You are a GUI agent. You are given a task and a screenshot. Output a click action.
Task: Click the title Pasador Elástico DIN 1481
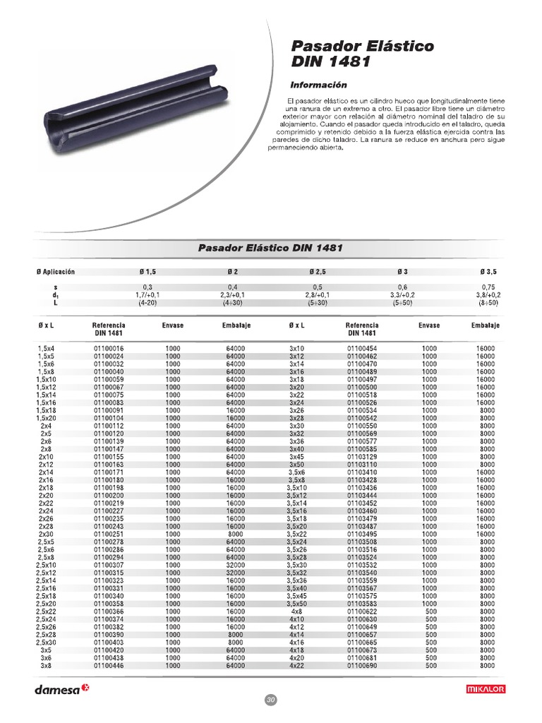click(363, 54)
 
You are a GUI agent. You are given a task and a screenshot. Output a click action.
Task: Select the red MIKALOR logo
click(486, 689)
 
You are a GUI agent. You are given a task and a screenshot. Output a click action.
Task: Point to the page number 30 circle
click(270, 699)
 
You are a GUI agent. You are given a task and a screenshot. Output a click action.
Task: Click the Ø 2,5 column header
click(317, 272)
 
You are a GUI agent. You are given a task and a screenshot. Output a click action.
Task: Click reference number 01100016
click(108, 349)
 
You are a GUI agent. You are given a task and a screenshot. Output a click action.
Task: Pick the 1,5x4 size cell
click(46, 349)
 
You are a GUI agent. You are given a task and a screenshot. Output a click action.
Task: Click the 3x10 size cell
click(296, 349)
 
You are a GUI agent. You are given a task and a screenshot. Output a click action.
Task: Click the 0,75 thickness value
click(487, 287)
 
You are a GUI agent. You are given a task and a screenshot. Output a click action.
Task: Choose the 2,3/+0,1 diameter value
click(233, 294)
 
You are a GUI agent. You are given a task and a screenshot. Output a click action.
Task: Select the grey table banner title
click(270, 249)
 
